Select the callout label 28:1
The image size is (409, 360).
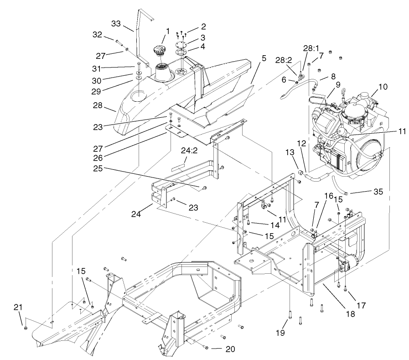[311, 48]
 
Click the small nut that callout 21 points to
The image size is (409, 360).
[26, 328]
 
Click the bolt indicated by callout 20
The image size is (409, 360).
[206, 348]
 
